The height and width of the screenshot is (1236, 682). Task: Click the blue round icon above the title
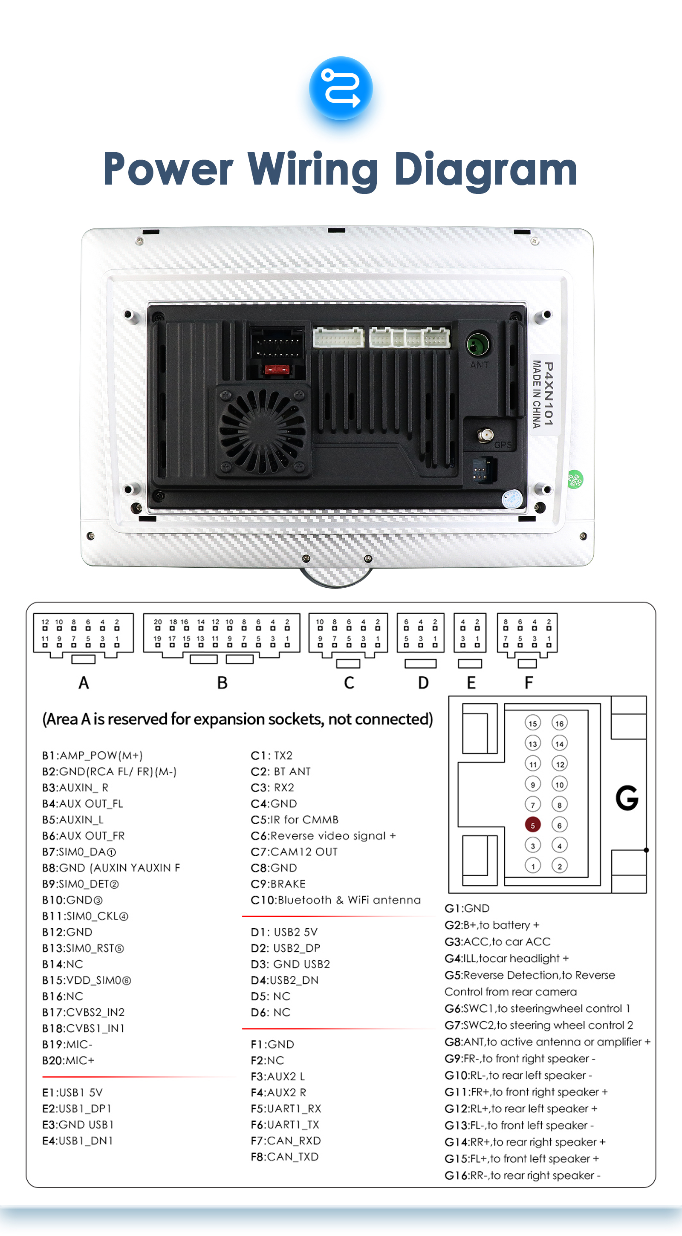tap(341, 88)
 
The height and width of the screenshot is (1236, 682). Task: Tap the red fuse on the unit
tap(277, 370)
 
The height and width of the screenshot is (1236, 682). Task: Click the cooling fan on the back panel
tap(262, 431)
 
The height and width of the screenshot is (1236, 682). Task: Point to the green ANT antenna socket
tap(478, 344)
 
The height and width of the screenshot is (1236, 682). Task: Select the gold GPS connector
tap(485, 436)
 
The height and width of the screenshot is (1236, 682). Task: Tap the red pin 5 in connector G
tap(533, 825)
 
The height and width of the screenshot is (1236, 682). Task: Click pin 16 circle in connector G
tap(560, 723)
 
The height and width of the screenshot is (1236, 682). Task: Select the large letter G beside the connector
tap(627, 797)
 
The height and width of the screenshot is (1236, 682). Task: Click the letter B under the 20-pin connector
tap(222, 683)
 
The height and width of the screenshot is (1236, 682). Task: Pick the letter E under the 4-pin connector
tap(471, 683)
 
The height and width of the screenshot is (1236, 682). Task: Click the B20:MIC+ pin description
tap(68, 1060)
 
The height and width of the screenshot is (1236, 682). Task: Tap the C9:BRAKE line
tap(278, 884)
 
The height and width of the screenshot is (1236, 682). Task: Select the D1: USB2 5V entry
tap(284, 932)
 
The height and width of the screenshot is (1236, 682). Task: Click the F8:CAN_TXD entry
tap(285, 1157)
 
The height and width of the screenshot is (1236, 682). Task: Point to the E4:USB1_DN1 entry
tap(77, 1141)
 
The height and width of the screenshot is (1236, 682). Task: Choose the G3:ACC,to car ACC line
tap(498, 941)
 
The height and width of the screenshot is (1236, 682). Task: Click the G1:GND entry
tap(467, 908)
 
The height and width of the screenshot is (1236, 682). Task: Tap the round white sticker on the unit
tap(511, 499)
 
